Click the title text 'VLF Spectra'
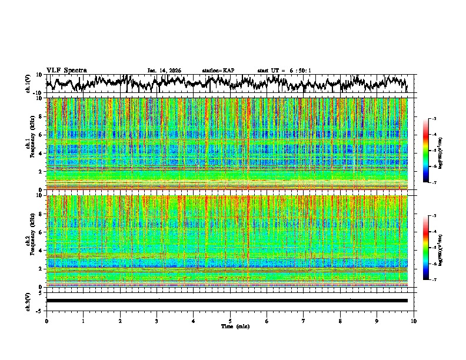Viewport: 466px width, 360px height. tap(66, 70)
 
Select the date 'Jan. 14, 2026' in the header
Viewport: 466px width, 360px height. tap(164, 71)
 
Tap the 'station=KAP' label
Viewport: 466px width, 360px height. tap(218, 71)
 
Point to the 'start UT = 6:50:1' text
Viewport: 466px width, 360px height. tap(284, 71)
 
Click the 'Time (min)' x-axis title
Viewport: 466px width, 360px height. tap(230, 326)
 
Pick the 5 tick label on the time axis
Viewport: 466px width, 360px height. tap(230, 321)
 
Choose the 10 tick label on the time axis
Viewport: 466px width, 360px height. tap(414, 321)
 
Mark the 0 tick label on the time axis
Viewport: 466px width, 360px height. tap(46, 321)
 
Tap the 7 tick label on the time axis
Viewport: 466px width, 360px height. tap(304, 321)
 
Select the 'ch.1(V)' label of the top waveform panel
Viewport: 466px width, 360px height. tap(28, 84)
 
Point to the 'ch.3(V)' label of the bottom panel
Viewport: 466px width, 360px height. tap(28, 301)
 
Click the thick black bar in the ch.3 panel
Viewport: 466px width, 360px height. tap(227, 301)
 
